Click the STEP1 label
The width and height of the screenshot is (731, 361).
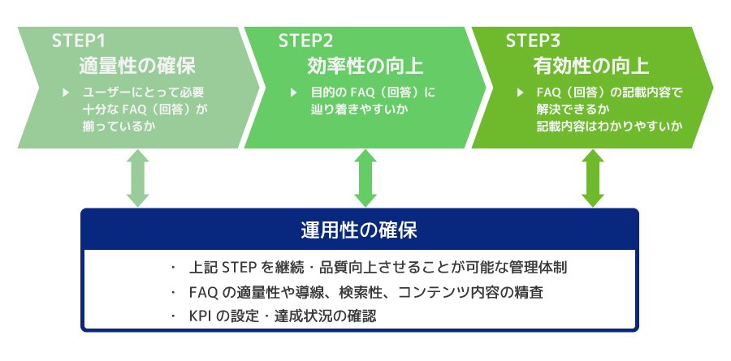79,41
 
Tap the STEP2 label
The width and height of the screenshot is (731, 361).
306,41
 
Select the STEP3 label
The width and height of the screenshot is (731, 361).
533,41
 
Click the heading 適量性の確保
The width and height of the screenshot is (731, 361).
137,67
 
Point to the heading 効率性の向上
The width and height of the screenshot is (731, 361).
365,67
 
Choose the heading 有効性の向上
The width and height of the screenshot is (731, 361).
591,67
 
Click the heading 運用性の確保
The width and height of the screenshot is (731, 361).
359,230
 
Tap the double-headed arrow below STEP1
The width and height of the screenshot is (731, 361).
138,178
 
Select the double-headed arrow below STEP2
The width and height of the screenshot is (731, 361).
365,178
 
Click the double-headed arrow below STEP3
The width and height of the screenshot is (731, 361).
593,178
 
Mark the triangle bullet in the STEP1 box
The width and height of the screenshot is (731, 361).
66,92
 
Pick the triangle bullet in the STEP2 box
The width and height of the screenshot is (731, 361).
293,92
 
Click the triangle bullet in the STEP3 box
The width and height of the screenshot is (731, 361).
521,92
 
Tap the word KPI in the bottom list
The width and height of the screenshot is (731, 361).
200,316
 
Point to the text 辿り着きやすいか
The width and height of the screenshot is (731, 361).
357,110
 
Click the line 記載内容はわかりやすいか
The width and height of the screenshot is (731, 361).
609,127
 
